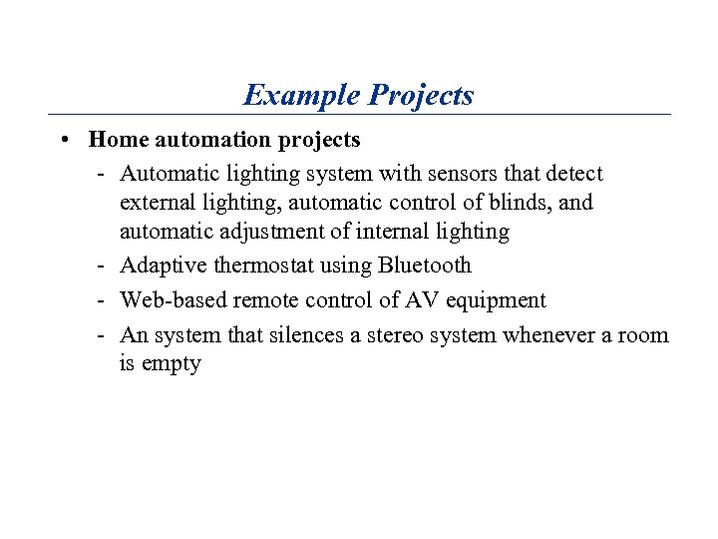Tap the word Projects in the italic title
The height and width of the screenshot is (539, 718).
tap(421, 96)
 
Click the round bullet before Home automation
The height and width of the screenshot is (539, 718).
tap(63, 140)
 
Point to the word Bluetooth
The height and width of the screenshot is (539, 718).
tap(424, 266)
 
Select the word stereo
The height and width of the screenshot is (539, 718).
tap(394, 335)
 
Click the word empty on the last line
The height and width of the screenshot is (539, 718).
tap(172, 364)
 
